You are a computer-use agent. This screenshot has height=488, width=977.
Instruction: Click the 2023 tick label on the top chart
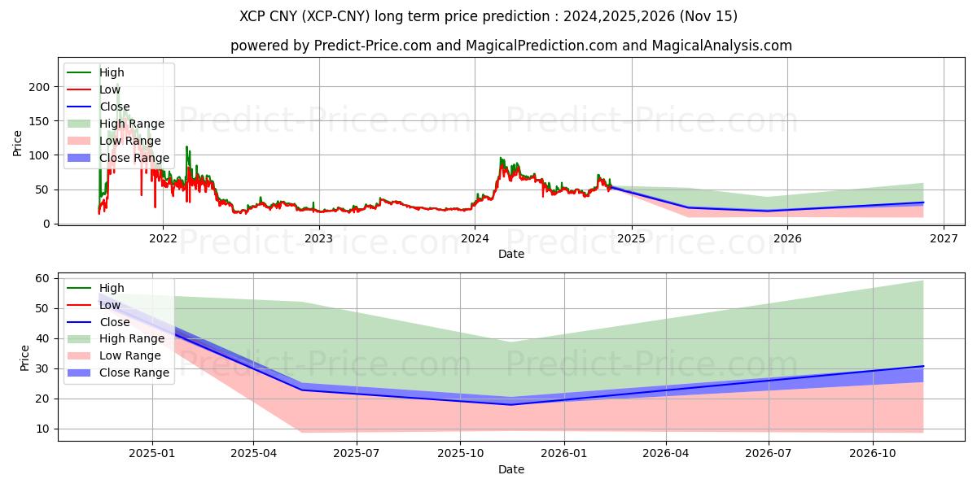pos(318,238)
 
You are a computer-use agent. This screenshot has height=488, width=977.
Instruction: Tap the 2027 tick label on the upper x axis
pos(943,238)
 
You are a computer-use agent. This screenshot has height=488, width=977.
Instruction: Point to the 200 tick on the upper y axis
pos(41,87)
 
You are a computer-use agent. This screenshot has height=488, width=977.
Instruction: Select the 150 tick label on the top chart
pos(41,121)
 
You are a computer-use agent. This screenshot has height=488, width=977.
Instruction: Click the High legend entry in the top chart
pos(112,72)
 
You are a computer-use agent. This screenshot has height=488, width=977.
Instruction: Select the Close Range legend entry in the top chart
pos(134,158)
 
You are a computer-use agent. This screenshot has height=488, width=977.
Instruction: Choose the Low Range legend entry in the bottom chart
pos(130,355)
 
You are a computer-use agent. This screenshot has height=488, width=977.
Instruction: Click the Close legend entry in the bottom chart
pos(114,322)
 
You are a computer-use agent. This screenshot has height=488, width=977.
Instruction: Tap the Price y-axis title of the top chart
pos(18,143)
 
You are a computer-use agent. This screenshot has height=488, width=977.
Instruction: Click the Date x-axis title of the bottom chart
pos(510,469)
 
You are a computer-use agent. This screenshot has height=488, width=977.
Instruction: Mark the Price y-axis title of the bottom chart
pos(24,358)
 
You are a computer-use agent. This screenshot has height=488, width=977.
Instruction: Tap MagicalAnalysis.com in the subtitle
pos(722,46)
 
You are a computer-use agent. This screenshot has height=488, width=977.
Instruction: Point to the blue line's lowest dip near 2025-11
pos(511,404)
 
